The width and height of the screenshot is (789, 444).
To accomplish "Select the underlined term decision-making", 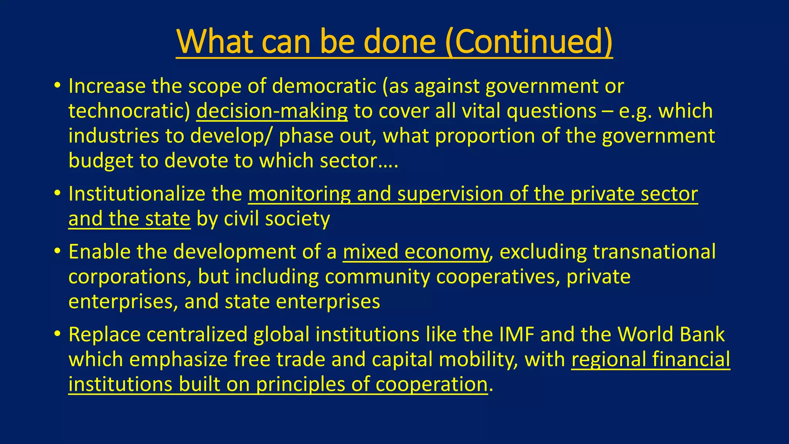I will (272, 111).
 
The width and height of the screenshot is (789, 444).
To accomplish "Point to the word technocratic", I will (129, 111).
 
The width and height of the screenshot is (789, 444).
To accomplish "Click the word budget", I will (101, 160).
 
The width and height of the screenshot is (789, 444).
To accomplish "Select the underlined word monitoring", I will (299, 193).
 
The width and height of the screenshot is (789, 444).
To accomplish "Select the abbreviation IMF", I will (517, 334).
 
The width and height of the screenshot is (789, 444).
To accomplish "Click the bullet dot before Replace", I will (57, 333).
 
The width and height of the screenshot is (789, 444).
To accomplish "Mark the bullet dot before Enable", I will (57, 251).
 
